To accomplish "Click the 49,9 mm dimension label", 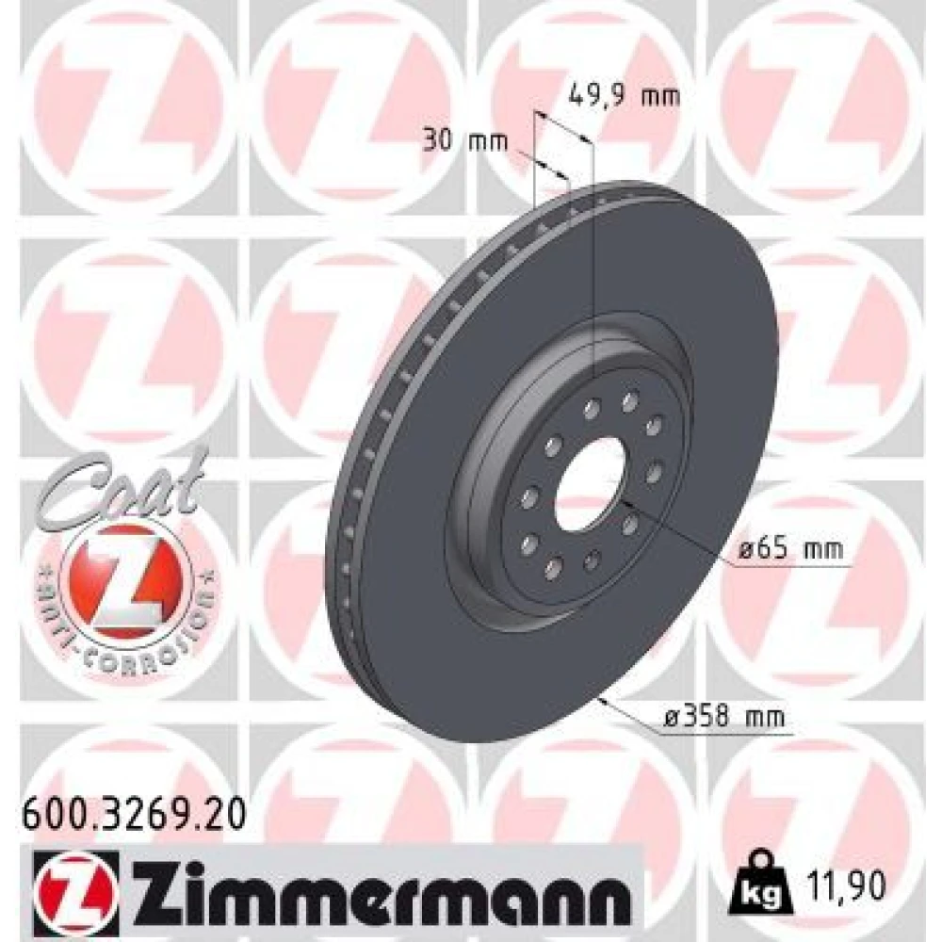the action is coord(624,95).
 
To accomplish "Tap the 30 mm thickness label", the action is coord(465,142).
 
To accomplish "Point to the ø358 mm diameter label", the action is coord(724,717).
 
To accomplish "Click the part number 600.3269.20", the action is coord(134,815).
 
